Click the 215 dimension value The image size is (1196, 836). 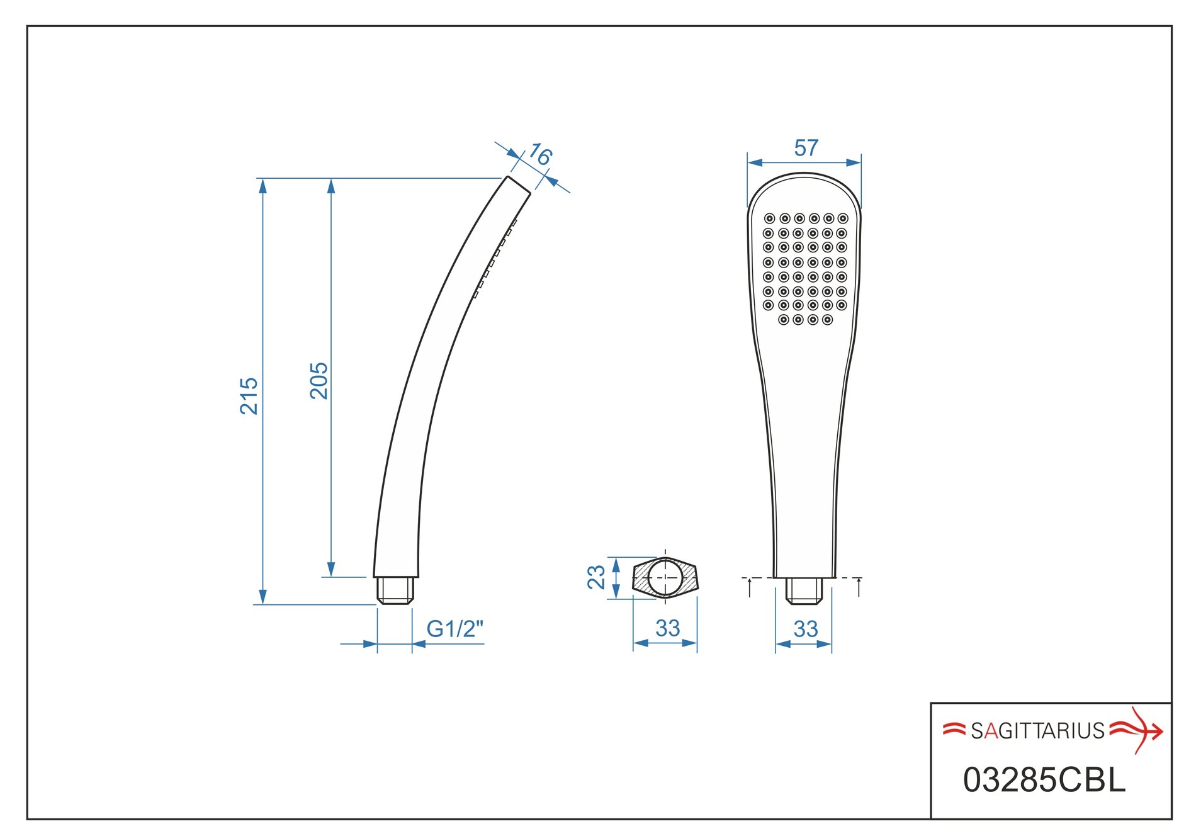point(249,395)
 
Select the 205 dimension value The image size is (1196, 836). point(319,380)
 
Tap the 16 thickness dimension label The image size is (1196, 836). point(539,154)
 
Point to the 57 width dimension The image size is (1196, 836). point(806,148)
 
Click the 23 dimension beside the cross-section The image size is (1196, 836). point(596,577)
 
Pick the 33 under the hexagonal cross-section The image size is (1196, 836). point(667,628)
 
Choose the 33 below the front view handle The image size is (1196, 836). point(805,628)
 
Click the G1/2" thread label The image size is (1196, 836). point(454,628)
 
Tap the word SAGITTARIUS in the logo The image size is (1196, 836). point(1037,730)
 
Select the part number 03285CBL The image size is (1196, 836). point(1044,780)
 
